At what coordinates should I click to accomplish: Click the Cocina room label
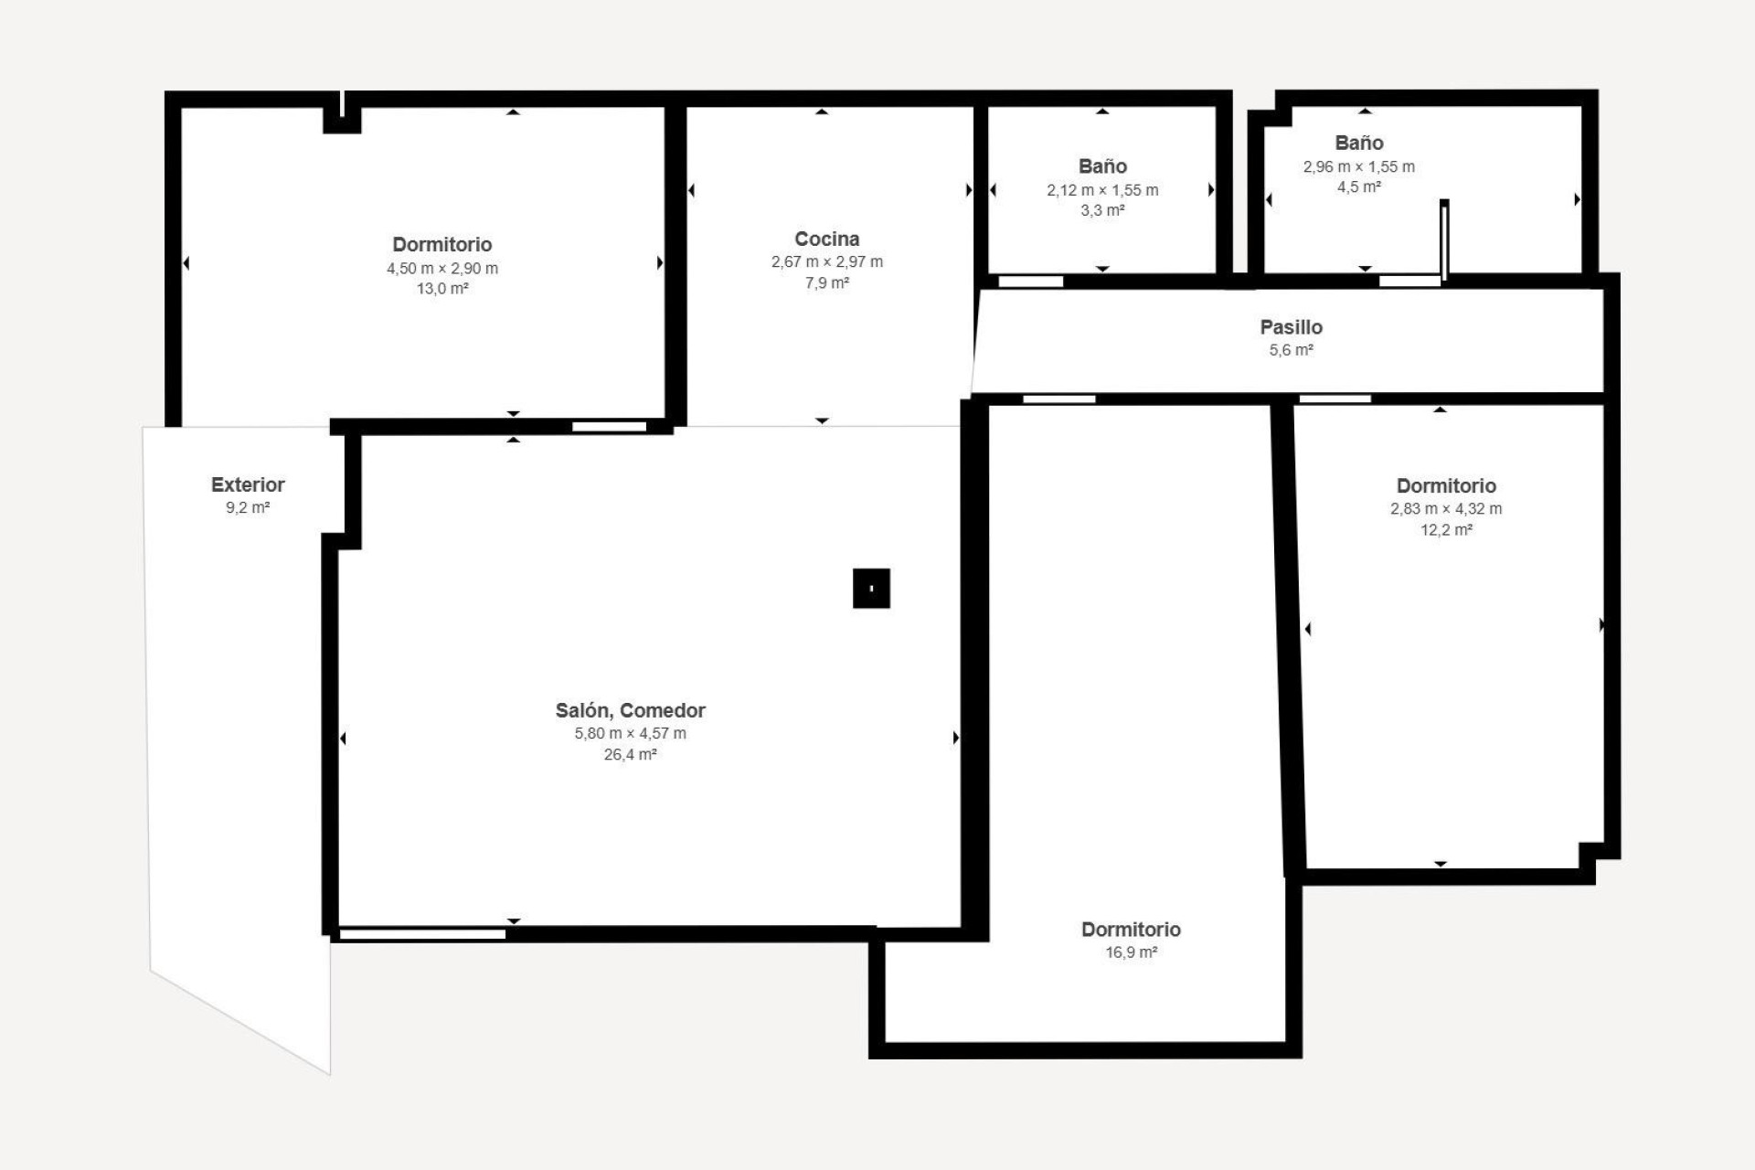[x=826, y=239]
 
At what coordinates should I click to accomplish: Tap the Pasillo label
[x=1291, y=327]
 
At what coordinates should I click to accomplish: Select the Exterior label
[x=248, y=485]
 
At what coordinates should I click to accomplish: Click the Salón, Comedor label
[x=630, y=710]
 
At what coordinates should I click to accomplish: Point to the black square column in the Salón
[x=871, y=589]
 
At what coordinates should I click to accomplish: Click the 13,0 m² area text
[x=442, y=289]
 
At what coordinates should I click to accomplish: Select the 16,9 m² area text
[x=1131, y=952]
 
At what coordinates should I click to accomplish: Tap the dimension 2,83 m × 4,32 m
[x=1445, y=509]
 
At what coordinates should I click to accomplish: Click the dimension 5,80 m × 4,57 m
[x=630, y=733]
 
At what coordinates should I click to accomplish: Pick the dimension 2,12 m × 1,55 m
[x=1101, y=190]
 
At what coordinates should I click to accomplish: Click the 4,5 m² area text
[x=1358, y=187]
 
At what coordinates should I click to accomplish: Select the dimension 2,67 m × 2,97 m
[x=826, y=261]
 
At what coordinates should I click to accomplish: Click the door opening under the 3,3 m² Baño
[x=1030, y=282]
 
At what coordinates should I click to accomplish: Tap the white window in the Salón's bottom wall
[x=422, y=934]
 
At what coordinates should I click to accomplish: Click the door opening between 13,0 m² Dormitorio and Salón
[x=609, y=427]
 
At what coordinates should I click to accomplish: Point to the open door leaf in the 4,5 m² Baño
[x=1444, y=239]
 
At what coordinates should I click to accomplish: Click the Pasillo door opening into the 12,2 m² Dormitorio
[x=1335, y=399]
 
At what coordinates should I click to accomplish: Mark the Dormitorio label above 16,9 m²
[x=1131, y=930]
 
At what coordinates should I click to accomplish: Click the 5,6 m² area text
[x=1291, y=350]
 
